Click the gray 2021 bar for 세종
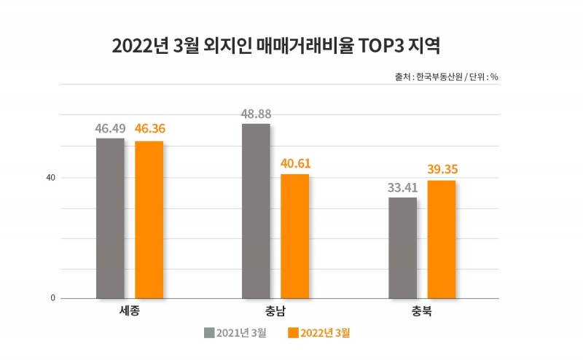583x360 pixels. pyautogui.click(x=110, y=218)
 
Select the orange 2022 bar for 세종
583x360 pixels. pyautogui.click(x=149, y=219)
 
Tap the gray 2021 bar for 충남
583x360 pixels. pyautogui.click(x=256, y=211)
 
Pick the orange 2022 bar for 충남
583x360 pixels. pyautogui.click(x=295, y=236)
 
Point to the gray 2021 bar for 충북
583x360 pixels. pyautogui.click(x=402, y=248)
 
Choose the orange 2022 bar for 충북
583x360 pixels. pyautogui.click(x=442, y=239)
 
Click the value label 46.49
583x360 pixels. pyautogui.click(x=110, y=128)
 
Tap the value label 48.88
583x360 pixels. pyautogui.click(x=257, y=114)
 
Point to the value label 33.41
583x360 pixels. pyautogui.click(x=402, y=187)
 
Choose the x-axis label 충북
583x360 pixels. pyautogui.click(x=422, y=310)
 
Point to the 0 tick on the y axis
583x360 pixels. pyautogui.click(x=53, y=298)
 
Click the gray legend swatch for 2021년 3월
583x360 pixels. pyautogui.click(x=209, y=334)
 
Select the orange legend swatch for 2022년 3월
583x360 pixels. pyautogui.click(x=294, y=334)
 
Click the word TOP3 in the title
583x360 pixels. pyautogui.click(x=383, y=47)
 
